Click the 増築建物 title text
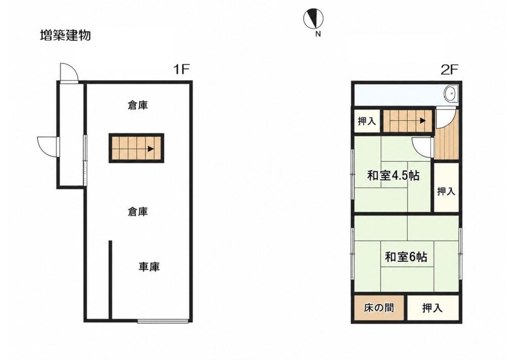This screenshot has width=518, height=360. coord(65,35)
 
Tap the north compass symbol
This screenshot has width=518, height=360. coord(313,19)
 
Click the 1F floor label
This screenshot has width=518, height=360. coord(181,69)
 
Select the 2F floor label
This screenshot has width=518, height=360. coord(450,69)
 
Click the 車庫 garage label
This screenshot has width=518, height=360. coord(149,266)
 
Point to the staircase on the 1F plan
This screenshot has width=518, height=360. coord(137,148)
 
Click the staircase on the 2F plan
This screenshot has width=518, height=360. coord(408,120)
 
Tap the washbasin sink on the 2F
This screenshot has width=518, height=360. coord(451,94)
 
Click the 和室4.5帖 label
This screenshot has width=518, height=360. coord(393,175)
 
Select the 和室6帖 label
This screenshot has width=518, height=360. coord(406,257)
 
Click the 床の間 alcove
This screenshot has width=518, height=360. coord(379,308)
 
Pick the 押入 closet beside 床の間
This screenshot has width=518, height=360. coord(433,308)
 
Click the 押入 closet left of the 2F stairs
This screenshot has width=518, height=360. coord(367,121)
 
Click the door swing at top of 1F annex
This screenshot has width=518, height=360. coord(69,72)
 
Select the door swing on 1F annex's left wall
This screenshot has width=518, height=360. coord(48,147)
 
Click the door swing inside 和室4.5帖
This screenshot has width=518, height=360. coord(423,148)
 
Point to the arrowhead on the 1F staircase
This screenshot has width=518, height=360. coord(151,149)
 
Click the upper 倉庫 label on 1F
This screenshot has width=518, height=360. coord(138,105)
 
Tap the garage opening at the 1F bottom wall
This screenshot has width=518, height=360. coord(162,321)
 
